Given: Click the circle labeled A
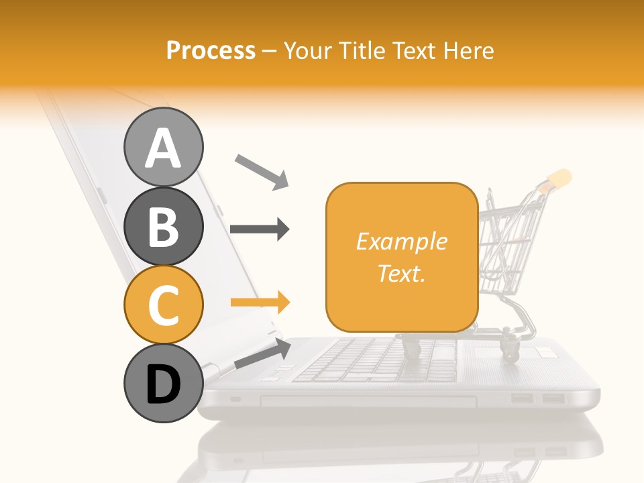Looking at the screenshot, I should (163, 147).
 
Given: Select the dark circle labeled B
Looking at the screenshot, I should (163, 226).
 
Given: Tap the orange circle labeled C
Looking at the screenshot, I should (163, 305).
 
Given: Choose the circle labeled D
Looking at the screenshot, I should (163, 384).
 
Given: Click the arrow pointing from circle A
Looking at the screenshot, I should (261, 170).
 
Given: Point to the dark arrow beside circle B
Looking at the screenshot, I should (260, 229).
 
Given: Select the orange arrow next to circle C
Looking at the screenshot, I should (260, 303).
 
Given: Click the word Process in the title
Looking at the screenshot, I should (211, 50).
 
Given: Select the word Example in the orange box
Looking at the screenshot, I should (401, 241).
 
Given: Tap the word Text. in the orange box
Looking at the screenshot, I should (401, 273).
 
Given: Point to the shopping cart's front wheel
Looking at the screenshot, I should (410, 347).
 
